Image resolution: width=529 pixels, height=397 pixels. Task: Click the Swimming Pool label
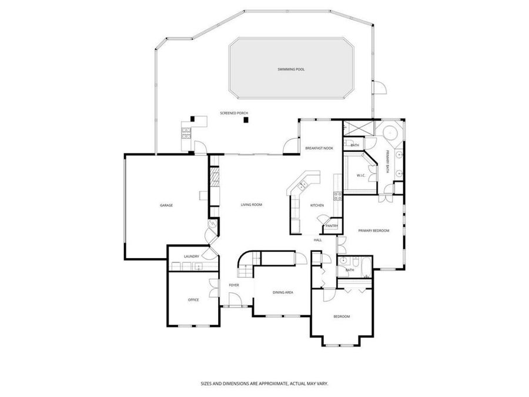click(x=291, y=69)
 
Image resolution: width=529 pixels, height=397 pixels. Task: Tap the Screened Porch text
click(x=234, y=113)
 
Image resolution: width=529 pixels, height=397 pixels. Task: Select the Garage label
click(x=166, y=205)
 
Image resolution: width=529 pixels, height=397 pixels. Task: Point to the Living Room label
click(x=251, y=205)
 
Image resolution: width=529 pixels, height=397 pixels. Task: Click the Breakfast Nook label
click(x=319, y=148)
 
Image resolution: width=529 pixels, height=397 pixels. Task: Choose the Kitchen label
click(x=317, y=205)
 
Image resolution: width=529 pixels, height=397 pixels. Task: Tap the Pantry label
click(x=332, y=225)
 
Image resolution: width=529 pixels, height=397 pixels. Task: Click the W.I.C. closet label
click(x=361, y=175)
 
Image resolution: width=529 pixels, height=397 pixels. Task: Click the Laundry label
click(x=192, y=256)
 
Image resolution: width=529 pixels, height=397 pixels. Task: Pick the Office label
click(x=193, y=300)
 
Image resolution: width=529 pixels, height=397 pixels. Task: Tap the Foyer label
click(x=234, y=286)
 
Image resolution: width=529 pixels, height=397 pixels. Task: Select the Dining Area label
click(x=283, y=292)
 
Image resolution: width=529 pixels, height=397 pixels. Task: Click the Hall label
click(x=317, y=240)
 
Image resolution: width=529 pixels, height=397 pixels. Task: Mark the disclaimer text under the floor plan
click(x=264, y=383)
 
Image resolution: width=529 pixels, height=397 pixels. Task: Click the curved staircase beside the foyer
click(x=247, y=265)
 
